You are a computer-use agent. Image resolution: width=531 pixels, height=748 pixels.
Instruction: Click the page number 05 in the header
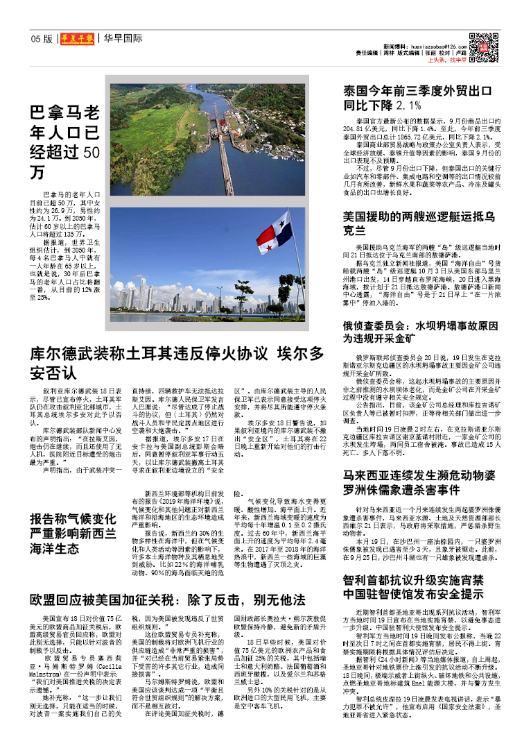(x=36, y=39)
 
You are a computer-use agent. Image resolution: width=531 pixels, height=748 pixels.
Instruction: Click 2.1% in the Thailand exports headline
(x=410, y=106)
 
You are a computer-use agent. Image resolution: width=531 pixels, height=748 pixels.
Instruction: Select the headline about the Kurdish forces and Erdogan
(x=177, y=362)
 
